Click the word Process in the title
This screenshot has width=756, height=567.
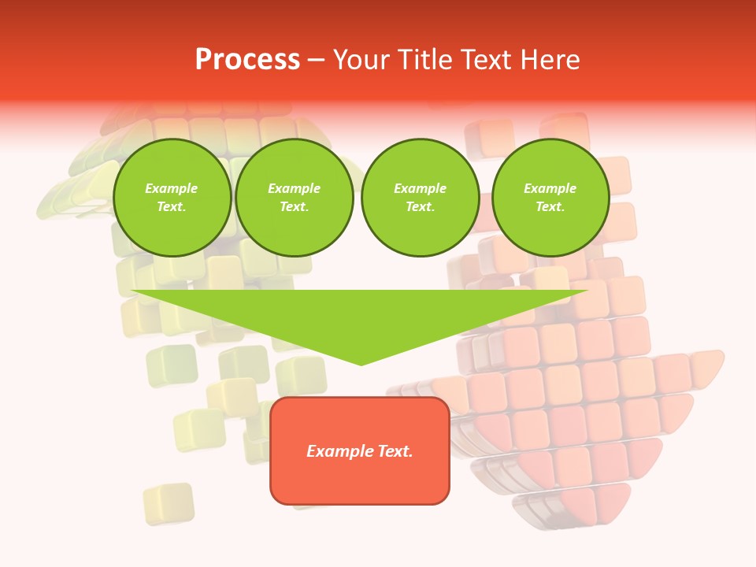[247, 60]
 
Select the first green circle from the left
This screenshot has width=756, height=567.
[172, 198]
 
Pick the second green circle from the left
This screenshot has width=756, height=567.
[295, 198]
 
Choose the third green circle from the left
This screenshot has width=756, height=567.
[421, 198]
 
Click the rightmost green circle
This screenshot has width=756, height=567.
[550, 198]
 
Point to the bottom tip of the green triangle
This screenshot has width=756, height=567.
[361, 364]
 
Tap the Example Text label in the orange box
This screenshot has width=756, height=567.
[360, 451]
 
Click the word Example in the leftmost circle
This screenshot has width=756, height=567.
[172, 188]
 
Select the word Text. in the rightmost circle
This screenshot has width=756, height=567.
[550, 207]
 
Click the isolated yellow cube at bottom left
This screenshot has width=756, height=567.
[169, 503]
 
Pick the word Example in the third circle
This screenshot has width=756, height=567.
[421, 188]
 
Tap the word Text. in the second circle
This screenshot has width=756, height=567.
[295, 207]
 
